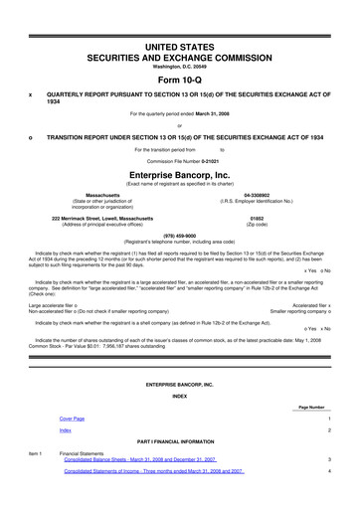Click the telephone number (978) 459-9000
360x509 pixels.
point(179,236)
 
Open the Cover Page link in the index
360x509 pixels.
point(73,420)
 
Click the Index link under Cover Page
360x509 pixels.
point(65,430)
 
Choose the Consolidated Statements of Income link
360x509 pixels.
point(153,471)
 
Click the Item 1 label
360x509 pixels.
point(34,453)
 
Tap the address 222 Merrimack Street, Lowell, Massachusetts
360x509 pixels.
point(102,217)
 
